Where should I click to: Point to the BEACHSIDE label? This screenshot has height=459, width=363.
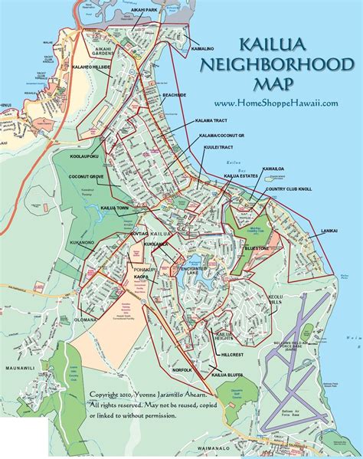click(x=176, y=94)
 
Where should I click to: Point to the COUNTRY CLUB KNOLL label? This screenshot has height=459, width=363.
click(x=291, y=189)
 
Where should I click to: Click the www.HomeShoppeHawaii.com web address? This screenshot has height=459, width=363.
click(x=276, y=104)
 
